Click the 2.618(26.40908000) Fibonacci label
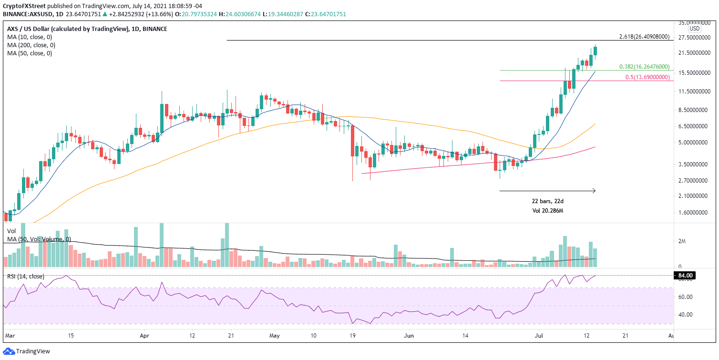tap(644, 37)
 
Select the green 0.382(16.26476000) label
tap(644, 67)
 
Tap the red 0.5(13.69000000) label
tap(647, 77)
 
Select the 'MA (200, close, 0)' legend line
tap(31, 45)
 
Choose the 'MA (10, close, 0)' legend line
tap(30, 37)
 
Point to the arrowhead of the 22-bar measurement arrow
tap(594, 191)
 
